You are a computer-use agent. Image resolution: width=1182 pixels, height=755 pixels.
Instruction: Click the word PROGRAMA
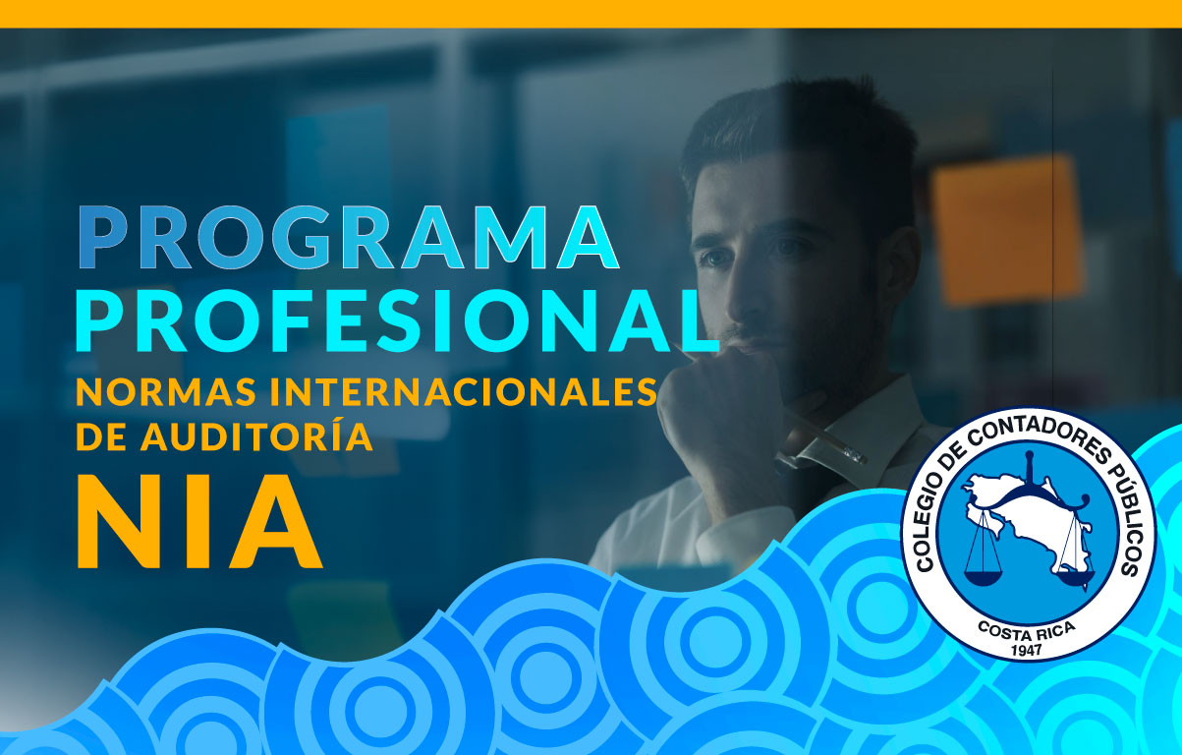coord(348,238)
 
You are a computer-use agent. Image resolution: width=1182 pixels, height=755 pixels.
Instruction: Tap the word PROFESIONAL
coord(398,321)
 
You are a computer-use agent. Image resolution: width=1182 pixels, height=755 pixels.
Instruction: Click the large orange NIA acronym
coord(199,522)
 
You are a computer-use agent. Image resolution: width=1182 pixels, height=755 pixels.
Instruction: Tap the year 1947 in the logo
coord(1027,649)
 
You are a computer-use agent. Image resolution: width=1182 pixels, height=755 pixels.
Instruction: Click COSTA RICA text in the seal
coord(1027,630)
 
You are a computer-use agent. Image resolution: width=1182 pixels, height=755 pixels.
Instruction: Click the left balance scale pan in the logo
coord(984,578)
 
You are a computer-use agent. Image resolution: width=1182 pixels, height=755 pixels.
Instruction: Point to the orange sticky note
coord(1007,230)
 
